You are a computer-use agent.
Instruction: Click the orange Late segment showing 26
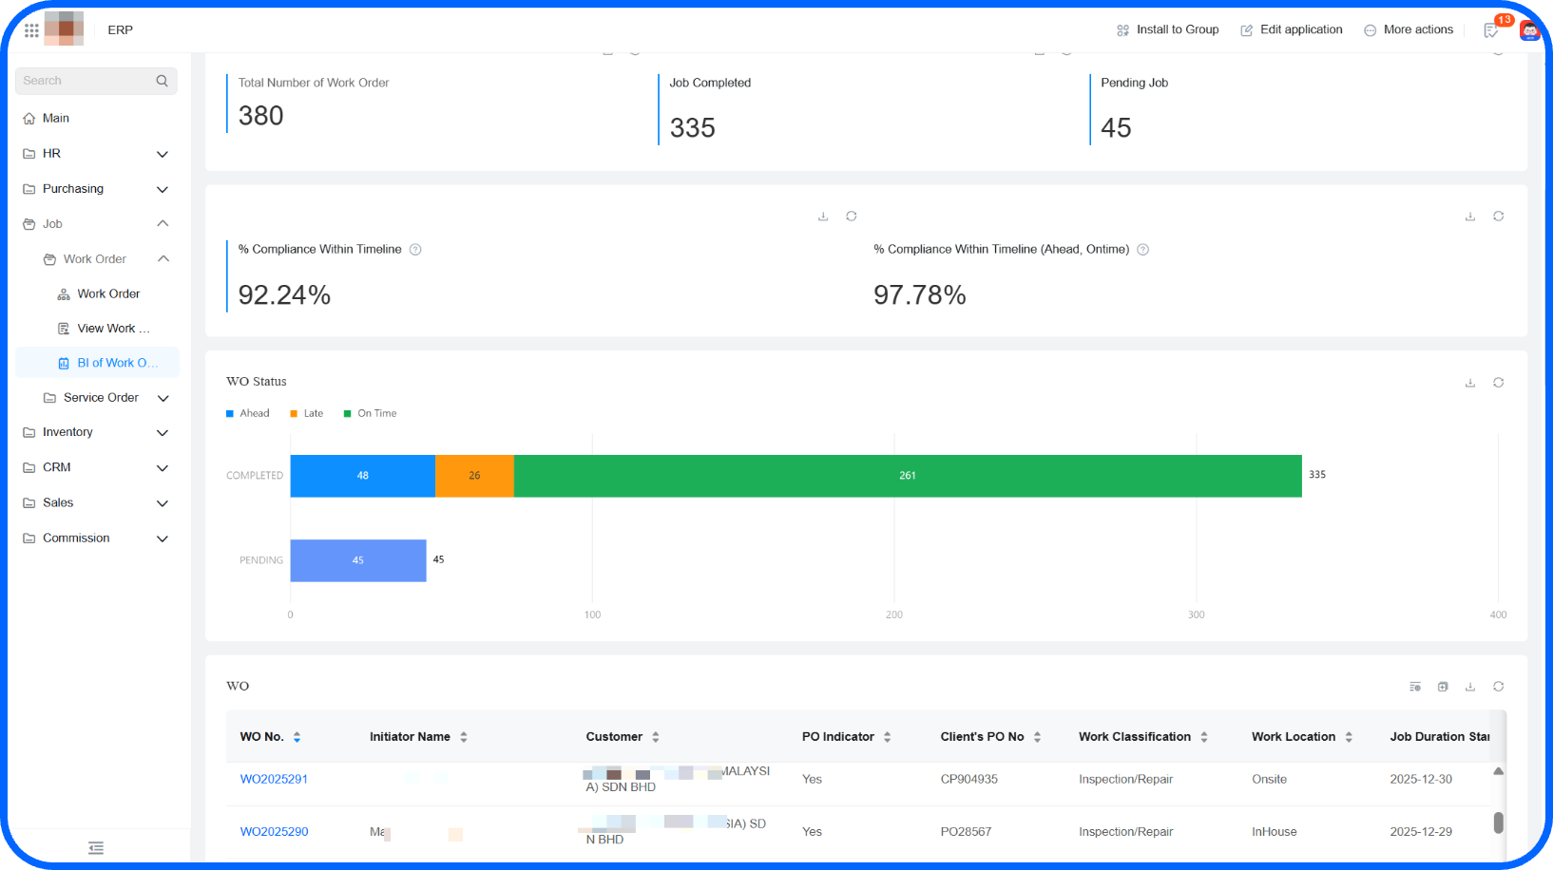(x=474, y=476)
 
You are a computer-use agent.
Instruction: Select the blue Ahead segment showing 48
(x=362, y=476)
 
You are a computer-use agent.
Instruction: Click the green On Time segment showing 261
(x=907, y=476)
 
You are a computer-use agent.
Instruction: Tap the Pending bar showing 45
(x=357, y=560)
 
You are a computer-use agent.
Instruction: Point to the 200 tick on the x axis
(x=894, y=615)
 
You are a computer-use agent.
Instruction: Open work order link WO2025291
(x=274, y=779)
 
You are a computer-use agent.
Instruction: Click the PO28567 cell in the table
(x=966, y=831)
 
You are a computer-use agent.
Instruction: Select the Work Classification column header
(x=1134, y=736)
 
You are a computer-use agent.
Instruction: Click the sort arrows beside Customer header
(x=656, y=737)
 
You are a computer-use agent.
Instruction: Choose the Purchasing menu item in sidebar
(x=73, y=189)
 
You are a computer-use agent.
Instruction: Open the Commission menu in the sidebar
(x=76, y=538)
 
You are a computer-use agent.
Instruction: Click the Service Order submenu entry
(x=101, y=397)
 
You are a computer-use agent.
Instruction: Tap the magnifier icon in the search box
(x=162, y=81)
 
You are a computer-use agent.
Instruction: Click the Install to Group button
(x=1168, y=29)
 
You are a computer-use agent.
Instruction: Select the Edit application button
(x=1292, y=29)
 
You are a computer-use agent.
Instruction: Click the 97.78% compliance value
(x=919, y=294)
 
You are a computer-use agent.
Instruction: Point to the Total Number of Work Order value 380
(x=260, y=116)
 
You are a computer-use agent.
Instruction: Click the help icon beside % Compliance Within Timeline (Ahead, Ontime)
(x=1143, y=250)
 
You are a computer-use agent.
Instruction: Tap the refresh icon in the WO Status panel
(x=1498, y=383)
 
